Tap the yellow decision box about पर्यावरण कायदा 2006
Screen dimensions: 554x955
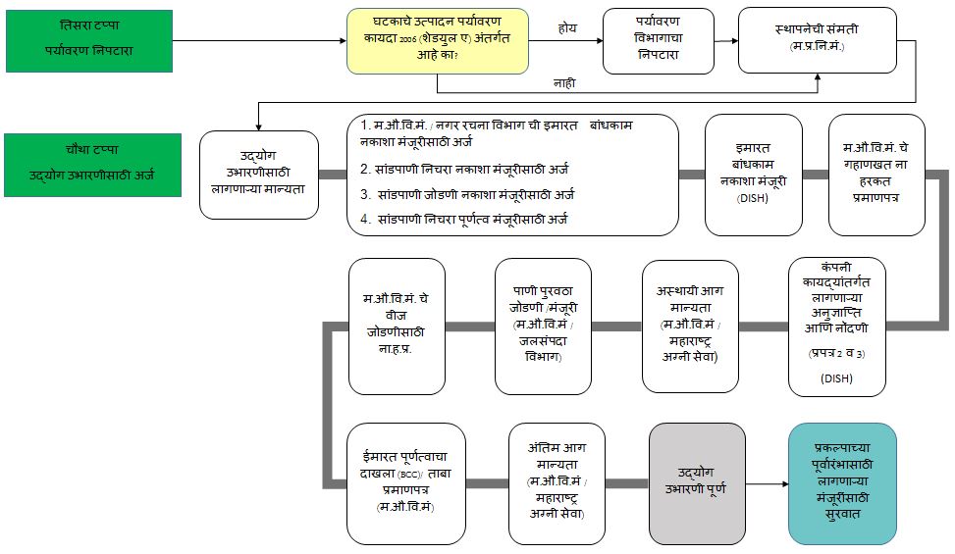point(437,40)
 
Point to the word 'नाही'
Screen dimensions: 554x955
point(564,84)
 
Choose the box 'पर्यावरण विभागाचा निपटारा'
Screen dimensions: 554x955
point(657,40)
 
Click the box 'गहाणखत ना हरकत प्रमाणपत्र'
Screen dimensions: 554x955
point(876,175)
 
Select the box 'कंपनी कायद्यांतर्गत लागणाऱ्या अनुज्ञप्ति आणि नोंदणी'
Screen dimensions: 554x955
point(836,326)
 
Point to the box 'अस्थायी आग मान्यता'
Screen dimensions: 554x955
point(690,326)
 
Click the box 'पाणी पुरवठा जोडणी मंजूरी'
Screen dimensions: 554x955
point(543,326)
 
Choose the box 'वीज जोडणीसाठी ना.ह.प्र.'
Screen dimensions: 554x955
point(398,326)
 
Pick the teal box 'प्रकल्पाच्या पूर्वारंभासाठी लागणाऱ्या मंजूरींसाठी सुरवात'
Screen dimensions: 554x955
point(842,483)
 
